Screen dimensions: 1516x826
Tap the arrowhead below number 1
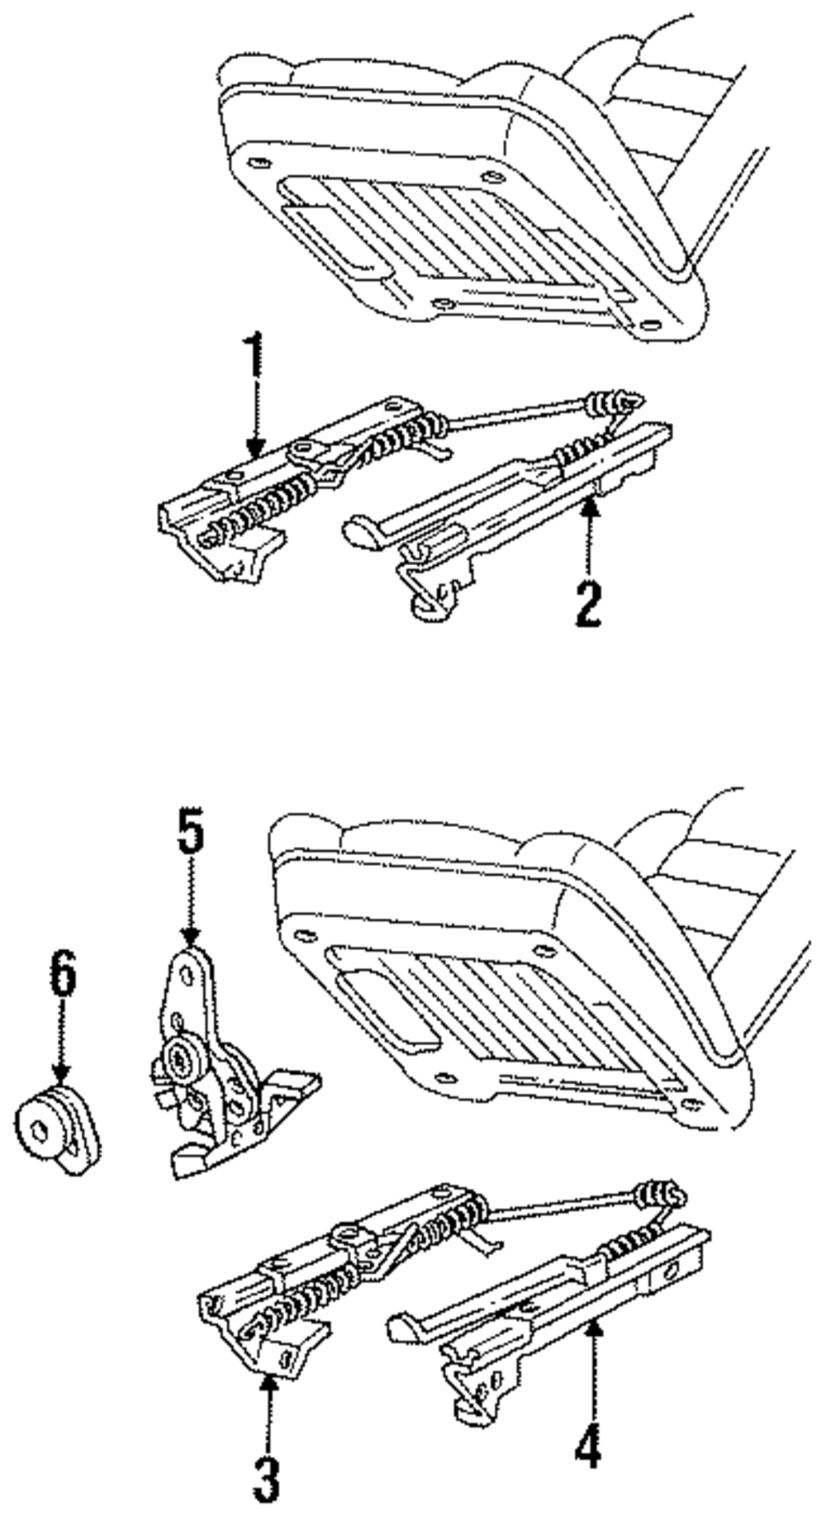255,450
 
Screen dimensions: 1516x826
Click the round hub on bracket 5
180,1056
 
